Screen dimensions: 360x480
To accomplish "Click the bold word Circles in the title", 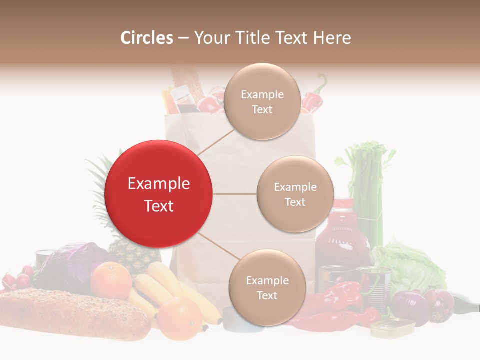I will [x=147, y=38].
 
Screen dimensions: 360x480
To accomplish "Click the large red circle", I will [x=159, y=194].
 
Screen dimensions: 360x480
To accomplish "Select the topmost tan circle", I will [x=262, y=101].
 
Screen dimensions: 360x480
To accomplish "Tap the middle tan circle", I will [x=295, y=194].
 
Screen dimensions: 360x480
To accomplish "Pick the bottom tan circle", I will [x=267, y=287].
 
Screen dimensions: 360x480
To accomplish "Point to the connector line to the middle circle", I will [x=235, y=194].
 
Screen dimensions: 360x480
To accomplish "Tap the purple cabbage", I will [x=70, y=265].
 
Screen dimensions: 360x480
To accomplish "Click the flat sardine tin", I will [x=392, y=327].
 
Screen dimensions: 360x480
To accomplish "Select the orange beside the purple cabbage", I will [x=111, y=280].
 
